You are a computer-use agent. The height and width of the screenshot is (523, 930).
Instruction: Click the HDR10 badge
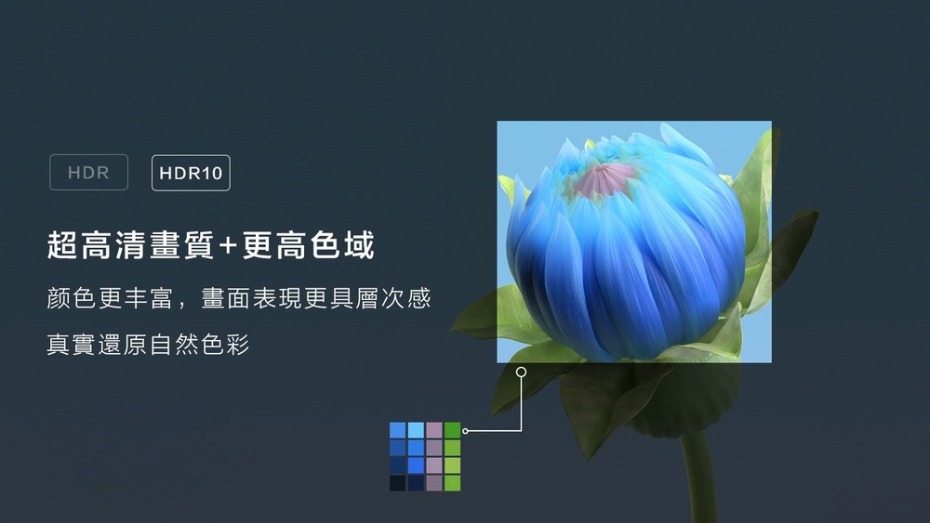(191, 173)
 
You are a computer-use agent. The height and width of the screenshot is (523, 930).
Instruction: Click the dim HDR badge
(88, 173)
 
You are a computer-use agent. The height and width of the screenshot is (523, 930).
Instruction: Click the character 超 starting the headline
(61, 246)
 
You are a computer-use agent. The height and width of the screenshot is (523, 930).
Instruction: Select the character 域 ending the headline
(358, 246)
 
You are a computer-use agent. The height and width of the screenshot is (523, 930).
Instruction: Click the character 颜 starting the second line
(59, 299)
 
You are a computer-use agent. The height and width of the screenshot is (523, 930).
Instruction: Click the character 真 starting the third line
(59, 346)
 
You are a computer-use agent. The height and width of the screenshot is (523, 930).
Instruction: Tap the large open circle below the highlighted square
(521, 372)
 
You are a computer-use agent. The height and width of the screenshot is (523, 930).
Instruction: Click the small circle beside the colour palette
(465, 431)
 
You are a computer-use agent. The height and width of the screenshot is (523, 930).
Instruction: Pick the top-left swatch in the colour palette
(398, 430)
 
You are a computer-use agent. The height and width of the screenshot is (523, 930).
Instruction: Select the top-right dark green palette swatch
(453, 430)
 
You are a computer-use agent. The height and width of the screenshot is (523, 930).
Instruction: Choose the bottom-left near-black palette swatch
(398, 483)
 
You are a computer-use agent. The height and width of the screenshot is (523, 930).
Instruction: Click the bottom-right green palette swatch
(453, 483)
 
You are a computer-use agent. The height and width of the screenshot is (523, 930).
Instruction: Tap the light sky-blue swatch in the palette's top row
(416, 430)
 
